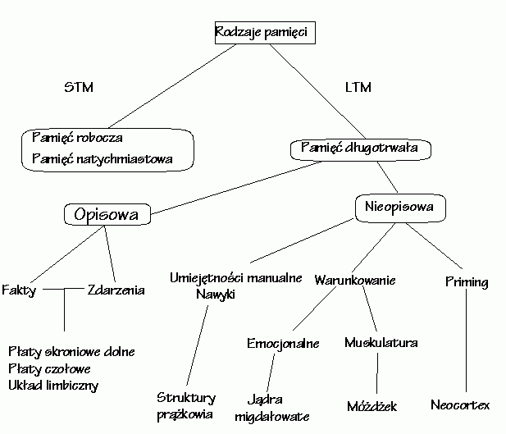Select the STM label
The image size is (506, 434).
[x=77, y=88]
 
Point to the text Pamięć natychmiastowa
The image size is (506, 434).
[x=103, y=158]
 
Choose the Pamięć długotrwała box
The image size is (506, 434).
[x=360, y=148]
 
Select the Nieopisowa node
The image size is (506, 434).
[x=399, y=208]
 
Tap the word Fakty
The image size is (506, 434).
[x=19, y=290]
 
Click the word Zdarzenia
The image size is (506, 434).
[x=116, y=290]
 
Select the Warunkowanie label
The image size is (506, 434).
[x=355, y=280]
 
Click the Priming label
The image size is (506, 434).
[x=467, y=282]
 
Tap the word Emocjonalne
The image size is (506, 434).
[x=283, y=343]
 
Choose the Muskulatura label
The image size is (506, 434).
[x=381, y=342]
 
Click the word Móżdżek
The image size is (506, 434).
[x=372, y=406]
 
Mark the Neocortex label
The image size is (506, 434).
[x=460, y=405]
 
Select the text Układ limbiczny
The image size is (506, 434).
[x=53, y=385]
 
